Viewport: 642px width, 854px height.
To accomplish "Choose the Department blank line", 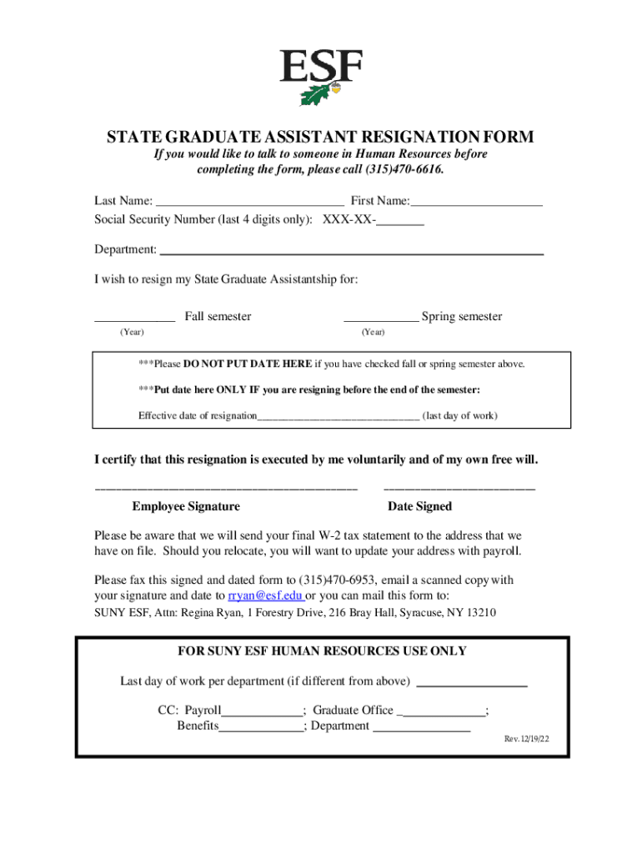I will (351, 250).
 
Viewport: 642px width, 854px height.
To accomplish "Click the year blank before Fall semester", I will (134, 317).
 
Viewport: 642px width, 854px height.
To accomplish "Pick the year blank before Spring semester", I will (381, 317).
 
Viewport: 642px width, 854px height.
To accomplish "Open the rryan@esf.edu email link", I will (265, 596).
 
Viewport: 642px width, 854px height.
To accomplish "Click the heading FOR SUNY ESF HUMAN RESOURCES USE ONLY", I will (323, 651).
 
